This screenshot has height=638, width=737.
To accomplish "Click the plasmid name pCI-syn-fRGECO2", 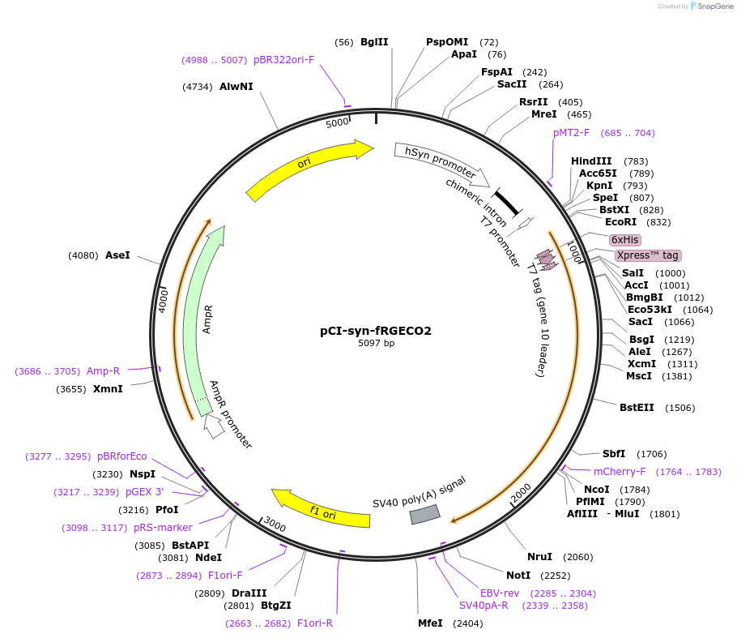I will (376, 331).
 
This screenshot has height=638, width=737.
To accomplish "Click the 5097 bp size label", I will (376, 344).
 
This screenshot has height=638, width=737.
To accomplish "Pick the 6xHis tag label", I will (624, 240).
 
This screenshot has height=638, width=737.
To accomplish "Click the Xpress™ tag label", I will (647, 255).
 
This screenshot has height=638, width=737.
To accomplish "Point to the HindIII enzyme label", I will (591, 161).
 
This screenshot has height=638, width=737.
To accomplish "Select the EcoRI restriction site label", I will (620, 222).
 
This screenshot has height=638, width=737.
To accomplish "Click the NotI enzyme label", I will (518, 576).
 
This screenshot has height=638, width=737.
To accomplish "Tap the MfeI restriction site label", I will (430, 623).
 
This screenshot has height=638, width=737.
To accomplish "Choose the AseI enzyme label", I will (117, 255).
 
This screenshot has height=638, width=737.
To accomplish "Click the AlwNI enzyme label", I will (236, 86).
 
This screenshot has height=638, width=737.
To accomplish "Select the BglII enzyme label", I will (374, 42).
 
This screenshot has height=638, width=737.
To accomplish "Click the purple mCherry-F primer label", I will (620, 472).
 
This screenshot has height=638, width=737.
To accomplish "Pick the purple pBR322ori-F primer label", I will (283, 60).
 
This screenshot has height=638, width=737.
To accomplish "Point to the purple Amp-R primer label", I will (103, 371).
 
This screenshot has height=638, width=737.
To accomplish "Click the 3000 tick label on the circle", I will (275, 526).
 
